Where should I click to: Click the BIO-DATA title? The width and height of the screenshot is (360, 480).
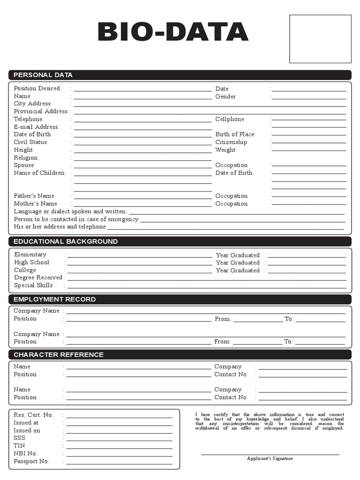(173, 32)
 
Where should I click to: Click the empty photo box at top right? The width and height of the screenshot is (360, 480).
(320, 39)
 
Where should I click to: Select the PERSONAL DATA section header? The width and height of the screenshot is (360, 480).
(43, 75)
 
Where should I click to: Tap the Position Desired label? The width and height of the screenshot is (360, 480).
(37, 89)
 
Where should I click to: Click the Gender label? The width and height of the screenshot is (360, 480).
(225, 97)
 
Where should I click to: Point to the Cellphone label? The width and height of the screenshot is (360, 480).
(230, 120)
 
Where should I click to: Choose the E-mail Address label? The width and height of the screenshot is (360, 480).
(36, 127)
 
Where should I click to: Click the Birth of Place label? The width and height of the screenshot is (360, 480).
(235, 135)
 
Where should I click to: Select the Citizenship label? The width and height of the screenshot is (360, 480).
(231, 142)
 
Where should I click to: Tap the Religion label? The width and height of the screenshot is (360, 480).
(26, 158)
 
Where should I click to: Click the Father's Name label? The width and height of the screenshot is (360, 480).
(34, 196)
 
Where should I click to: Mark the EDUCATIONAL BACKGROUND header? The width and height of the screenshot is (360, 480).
(66, 241)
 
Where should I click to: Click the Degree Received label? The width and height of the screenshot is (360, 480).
(38, 277)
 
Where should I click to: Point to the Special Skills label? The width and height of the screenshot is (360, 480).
(33, 285)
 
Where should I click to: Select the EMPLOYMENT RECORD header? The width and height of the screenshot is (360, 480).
(55, 299)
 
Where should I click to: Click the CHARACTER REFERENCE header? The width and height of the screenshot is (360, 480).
(59, 355)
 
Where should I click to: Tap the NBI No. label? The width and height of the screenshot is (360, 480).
(26, 454)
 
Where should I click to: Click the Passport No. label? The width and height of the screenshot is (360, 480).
(31, 461)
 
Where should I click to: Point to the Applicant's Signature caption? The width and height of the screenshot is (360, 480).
(270, 458)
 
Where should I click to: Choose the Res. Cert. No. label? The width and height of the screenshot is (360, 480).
(34, 415)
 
